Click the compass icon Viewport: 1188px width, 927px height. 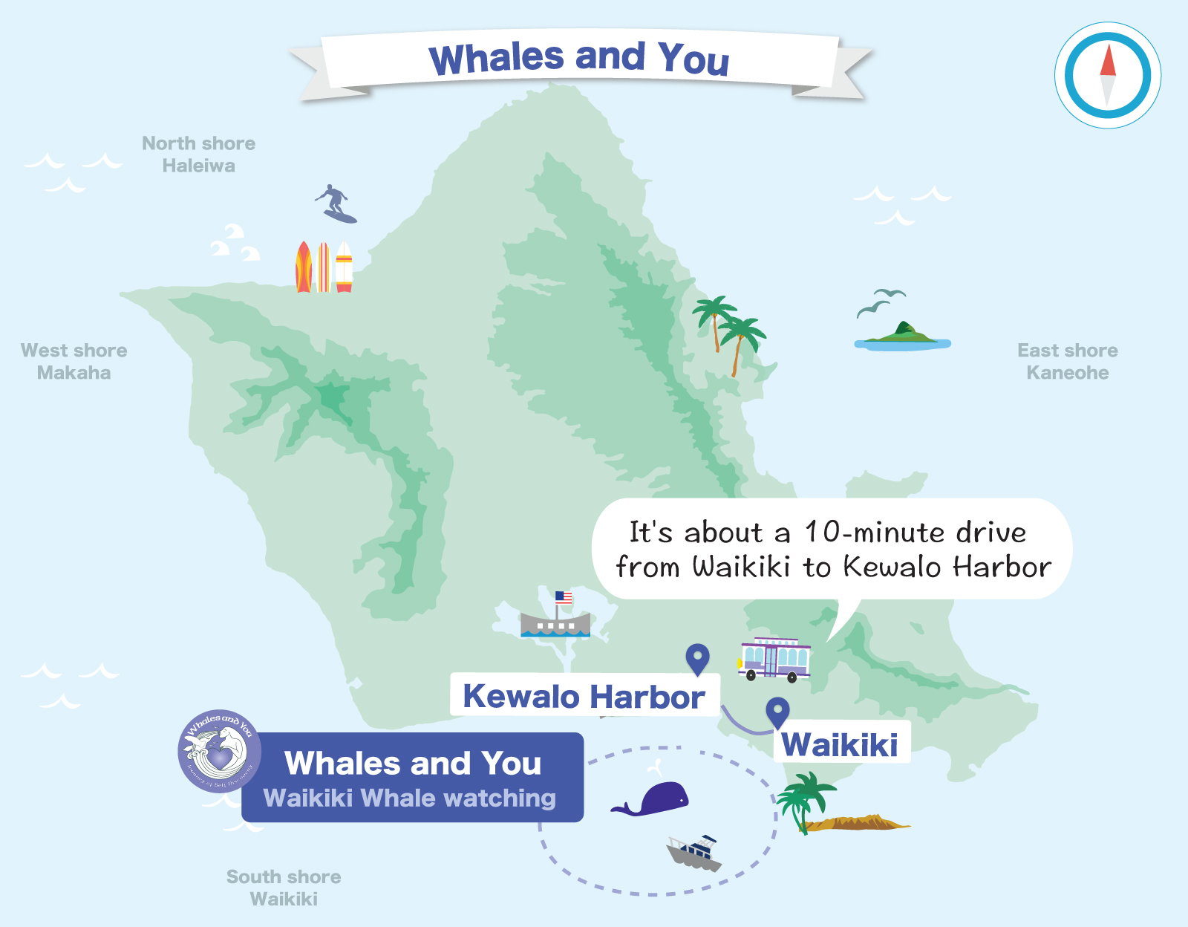click(1108, 75)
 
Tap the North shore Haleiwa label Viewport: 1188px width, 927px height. click(198, 154)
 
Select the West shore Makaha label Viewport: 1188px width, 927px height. click(74, 362)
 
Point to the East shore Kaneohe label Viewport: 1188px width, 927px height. click(1067, 362)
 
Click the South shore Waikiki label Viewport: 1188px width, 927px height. click(284, 888)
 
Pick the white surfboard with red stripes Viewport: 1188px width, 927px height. click(344, 266)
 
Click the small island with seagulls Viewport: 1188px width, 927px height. click(902, 336)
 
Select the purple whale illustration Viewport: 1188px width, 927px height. click(653, 799)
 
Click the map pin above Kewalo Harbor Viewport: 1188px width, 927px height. click(697, 658)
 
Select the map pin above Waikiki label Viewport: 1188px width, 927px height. click(777, 712)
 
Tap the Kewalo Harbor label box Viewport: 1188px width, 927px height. click(584, 696)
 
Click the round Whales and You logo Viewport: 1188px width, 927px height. click(219, 751)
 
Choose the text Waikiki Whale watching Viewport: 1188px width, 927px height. click(409, 798)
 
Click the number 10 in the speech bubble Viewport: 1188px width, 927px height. click(823, 532)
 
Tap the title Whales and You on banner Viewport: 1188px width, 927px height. click(579, 58)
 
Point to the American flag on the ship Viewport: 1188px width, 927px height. click(564, 597)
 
